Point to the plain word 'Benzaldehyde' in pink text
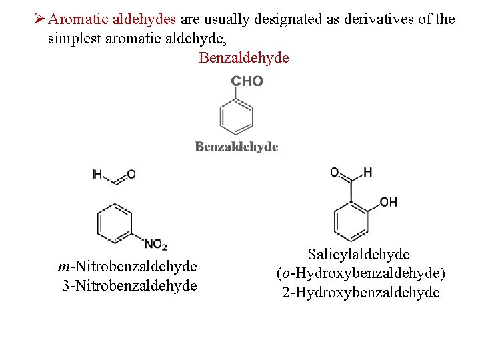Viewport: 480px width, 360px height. coord(244,58)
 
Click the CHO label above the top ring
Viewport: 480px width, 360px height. coord(247,81)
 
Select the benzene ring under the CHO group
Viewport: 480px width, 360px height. coord(236,117)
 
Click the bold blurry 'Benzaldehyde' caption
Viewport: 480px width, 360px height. coord(237,147)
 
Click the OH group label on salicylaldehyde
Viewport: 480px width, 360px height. coord(389,202)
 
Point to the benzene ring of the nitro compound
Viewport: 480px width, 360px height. coord(115,221)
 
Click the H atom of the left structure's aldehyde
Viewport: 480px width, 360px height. coord(97,175)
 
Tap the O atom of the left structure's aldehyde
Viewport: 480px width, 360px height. coord(131,175)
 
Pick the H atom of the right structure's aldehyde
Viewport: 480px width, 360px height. coord(368,173)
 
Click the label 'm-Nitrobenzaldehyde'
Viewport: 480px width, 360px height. coord(127,267)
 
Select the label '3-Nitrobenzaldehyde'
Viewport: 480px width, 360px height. coord(129,286)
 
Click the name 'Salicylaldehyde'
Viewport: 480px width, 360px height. coord(359,254)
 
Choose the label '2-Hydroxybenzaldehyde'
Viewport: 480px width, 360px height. coord(361,293)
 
